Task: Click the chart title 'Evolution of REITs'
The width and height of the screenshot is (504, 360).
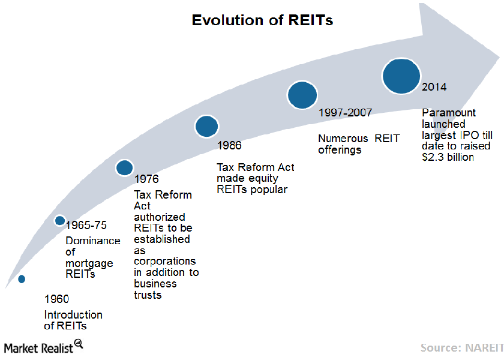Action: tap(262, 20)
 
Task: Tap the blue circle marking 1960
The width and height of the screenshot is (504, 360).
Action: tap(22, 278)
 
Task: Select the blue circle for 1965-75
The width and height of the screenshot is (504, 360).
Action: tap(59, 220)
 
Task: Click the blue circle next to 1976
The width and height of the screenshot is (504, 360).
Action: tap(124, 168)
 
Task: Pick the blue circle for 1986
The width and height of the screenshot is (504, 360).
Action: tap(206, 126)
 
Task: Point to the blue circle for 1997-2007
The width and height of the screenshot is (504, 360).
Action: tap(302, 94)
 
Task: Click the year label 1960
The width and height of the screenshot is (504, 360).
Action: tap(57, 299)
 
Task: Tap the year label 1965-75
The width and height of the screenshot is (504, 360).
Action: tap(86, 226)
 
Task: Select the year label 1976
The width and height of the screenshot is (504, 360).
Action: tap(146, 179)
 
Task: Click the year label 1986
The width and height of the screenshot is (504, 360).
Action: tap(229, 145)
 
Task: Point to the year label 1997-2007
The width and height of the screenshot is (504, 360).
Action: tap(345, 112)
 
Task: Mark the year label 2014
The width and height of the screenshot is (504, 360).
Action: tap(434, 87)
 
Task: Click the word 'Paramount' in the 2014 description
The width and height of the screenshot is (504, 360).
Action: tap(449, 113)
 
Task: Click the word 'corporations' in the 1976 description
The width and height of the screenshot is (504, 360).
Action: tap(164, 262)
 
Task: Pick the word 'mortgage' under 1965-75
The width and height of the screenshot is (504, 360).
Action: tap(87, 263)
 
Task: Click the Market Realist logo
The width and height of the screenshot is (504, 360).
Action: tap(42, 347)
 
